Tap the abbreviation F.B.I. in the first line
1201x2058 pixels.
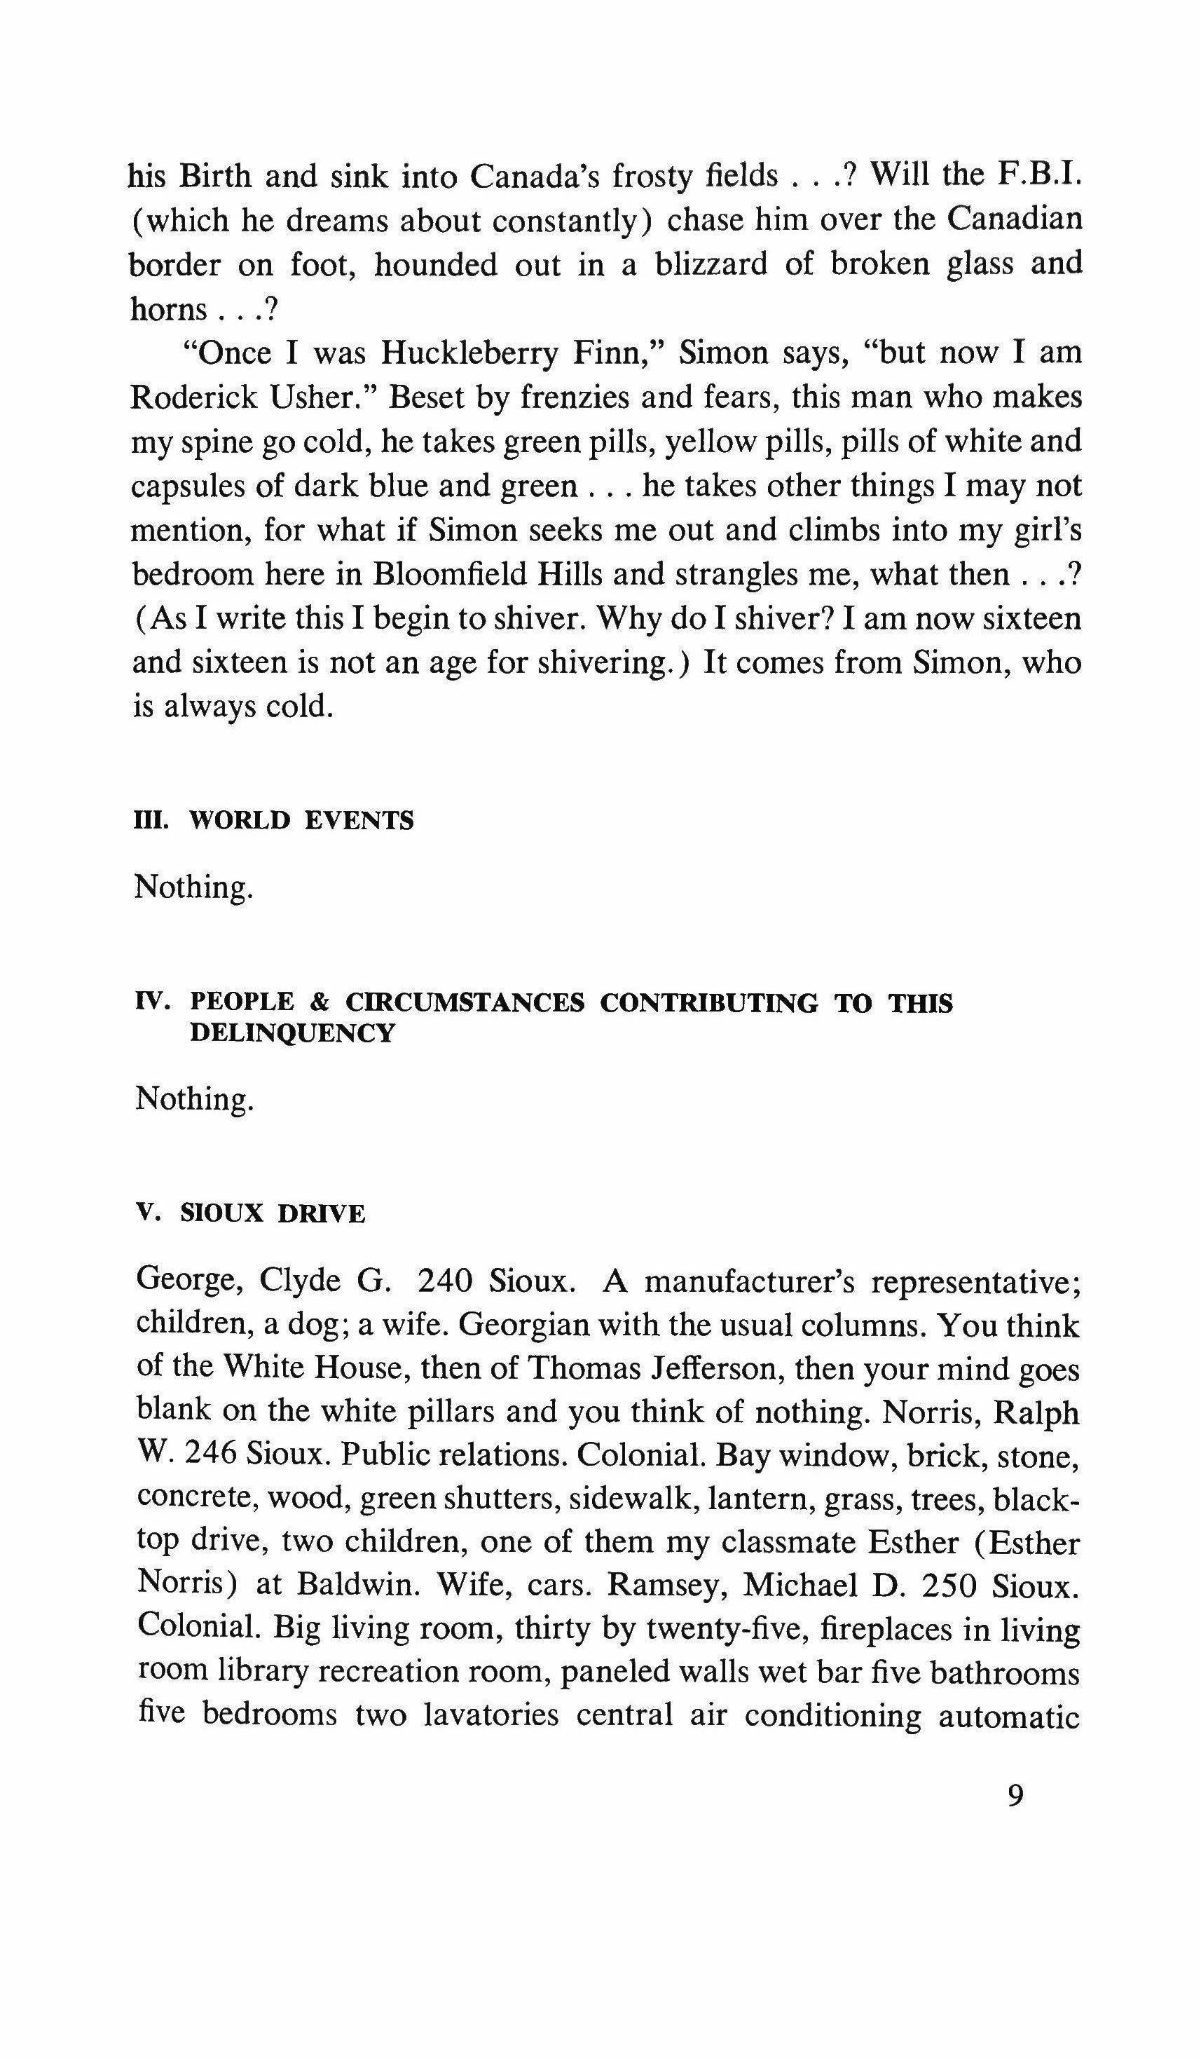[x=1038, y=174]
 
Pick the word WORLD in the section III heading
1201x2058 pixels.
[x=239, y=821]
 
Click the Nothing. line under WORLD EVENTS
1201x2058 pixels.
[x=193, y=887]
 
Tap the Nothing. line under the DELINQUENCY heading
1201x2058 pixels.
[x=194, y=1098]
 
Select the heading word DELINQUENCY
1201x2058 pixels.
[x=292, y=1034]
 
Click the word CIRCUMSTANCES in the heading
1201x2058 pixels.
[x=465, y=1003]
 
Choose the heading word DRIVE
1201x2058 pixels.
[x=322, y=1214]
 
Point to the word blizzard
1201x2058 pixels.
[x=711, y=264]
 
